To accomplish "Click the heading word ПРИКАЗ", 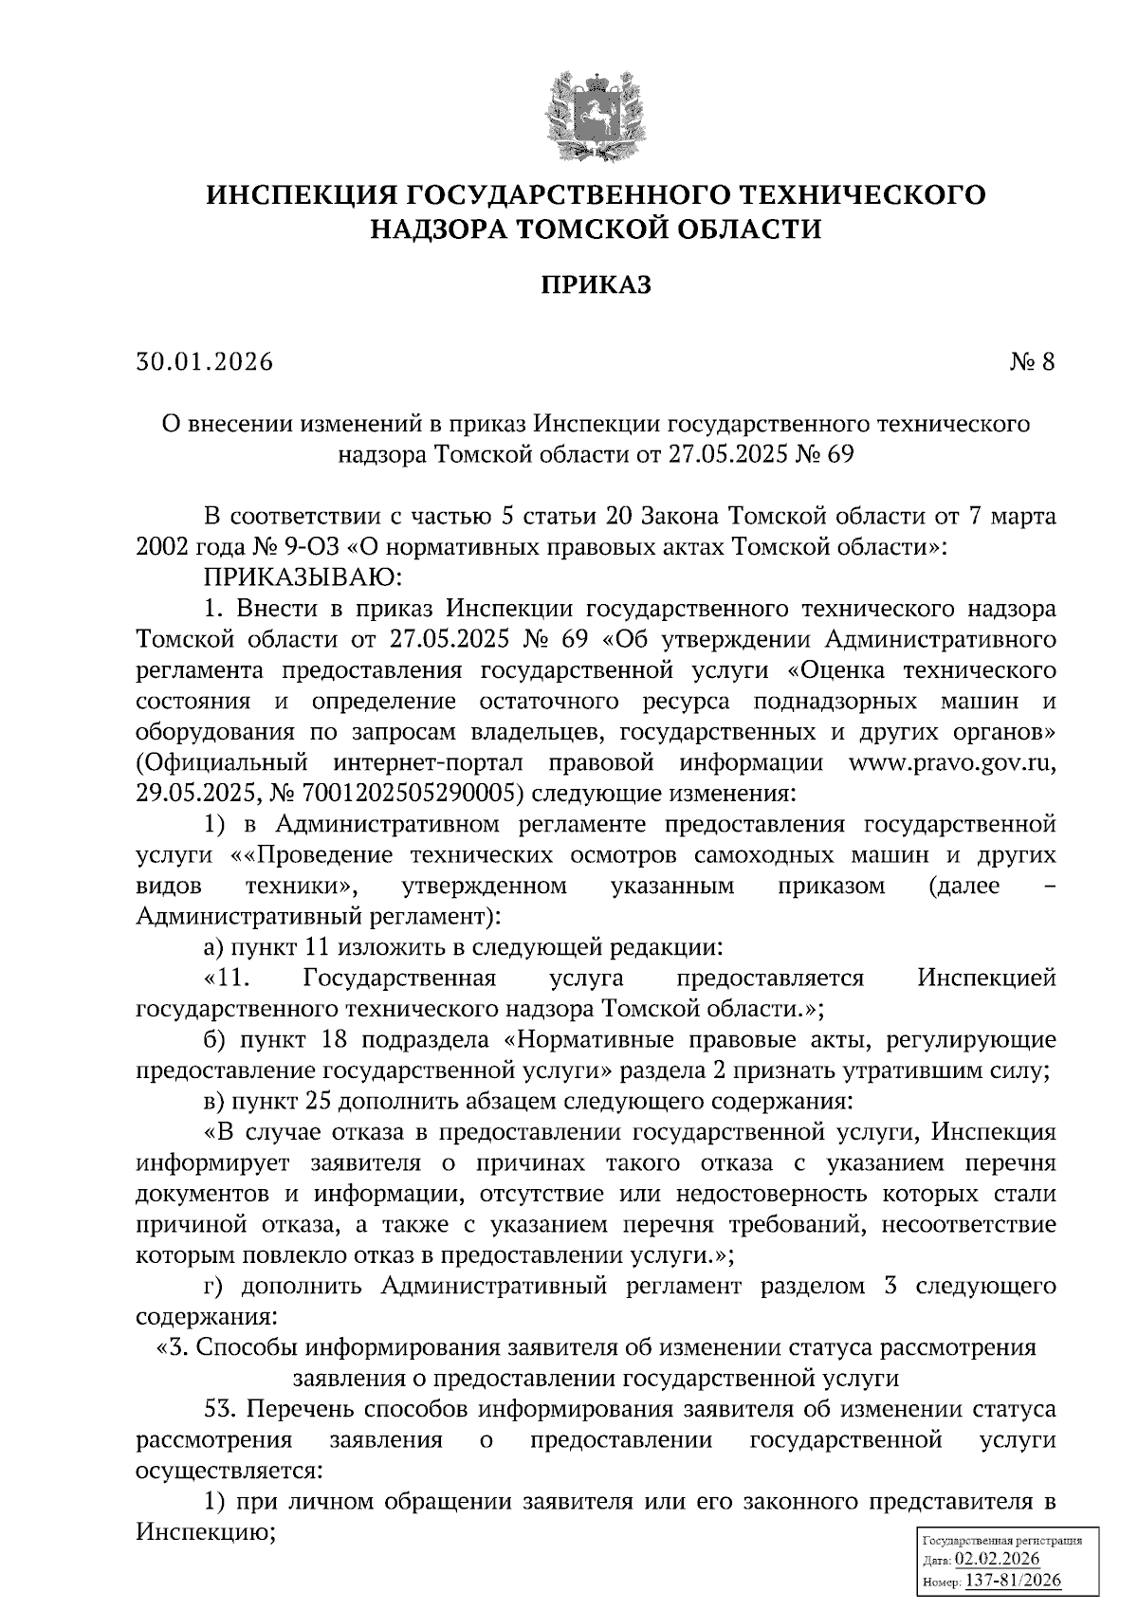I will point(597,285).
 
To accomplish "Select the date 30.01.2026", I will point(204,362).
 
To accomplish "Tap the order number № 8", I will point(1032,362).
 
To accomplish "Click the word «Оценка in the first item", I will point(835,670).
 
